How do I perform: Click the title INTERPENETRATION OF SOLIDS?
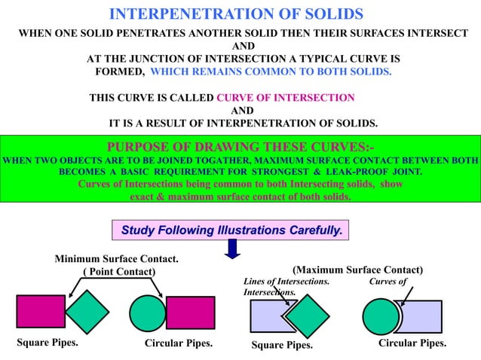(x=236, y=14)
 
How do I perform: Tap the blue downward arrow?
(x=233, y=247)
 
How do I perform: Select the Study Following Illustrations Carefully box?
(x=231, y=228)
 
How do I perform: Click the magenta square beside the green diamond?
(x=40, y=311)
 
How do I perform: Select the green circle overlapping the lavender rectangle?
(x=381, y=317)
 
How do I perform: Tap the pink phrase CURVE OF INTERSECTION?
(x=285, y=98)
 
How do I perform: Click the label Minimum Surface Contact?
(x=117, y=259)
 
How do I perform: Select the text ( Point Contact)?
(x=118, y=271)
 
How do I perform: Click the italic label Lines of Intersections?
(x=286, y=282)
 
